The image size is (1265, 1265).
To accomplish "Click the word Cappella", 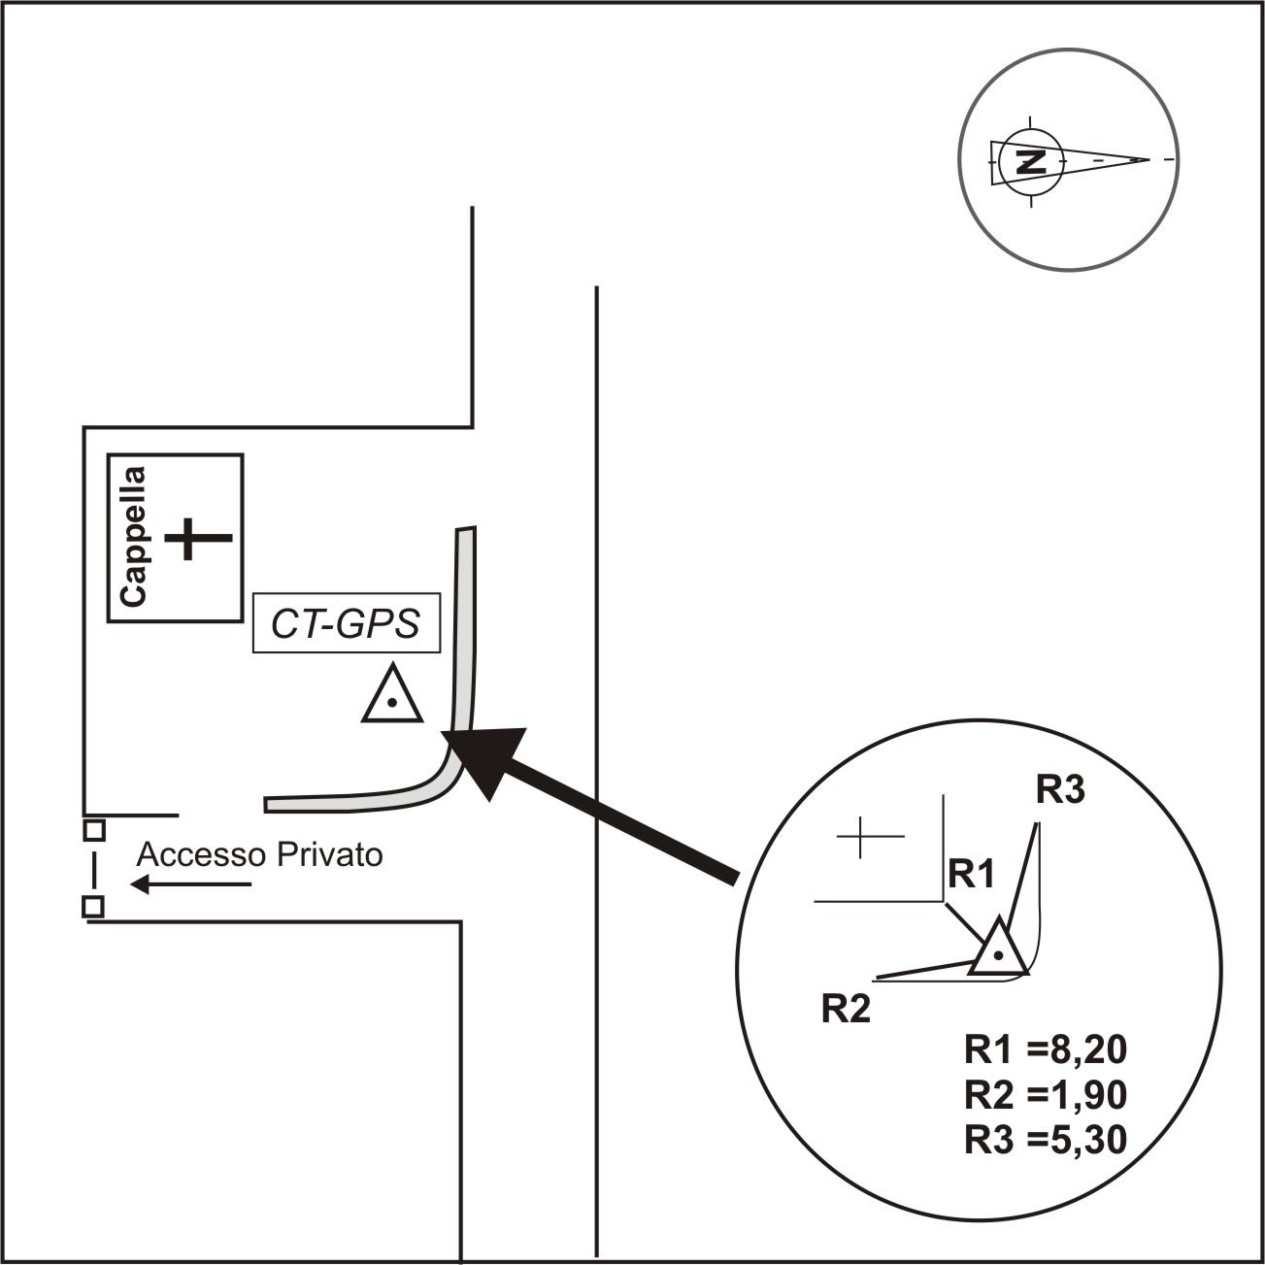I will (x=132, y=537).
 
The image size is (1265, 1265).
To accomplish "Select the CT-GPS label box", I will (x=346, y=623).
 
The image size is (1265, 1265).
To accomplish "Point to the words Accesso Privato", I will (x=259, y=854).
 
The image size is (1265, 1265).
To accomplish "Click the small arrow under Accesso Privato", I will (x=190, y=884).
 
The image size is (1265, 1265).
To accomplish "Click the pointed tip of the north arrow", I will (x=1148, y=159).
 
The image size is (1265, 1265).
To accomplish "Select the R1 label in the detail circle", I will (x=972, y=875).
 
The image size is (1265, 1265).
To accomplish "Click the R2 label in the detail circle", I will (x=846, y=1010).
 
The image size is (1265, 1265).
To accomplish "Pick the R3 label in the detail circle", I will (x=1059, y=791).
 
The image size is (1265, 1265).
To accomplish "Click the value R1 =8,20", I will (x=1046, y=1049).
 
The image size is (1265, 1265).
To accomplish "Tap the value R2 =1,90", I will (x=1046, y=1095).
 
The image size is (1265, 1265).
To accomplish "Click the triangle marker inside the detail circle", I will (x=998, y=949).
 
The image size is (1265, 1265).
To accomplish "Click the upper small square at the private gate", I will (x=93, y=830).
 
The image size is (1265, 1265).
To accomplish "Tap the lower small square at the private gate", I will (x=93, y=907).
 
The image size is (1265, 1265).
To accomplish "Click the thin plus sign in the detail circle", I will (x=862, y=837).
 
